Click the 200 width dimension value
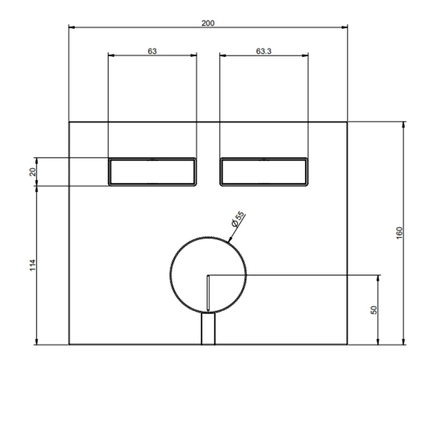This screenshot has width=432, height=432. coord(208,23)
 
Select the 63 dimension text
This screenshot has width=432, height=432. coord(152,51)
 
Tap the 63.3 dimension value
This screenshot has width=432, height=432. coord(264,51)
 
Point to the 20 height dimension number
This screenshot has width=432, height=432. coord(33,172)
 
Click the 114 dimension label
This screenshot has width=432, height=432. coord(33,265)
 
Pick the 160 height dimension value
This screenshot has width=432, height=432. coord(399,233)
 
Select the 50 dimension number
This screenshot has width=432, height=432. coord(374,310)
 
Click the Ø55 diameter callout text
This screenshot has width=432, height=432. coord(238,219)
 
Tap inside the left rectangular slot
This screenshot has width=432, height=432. coord(152,172)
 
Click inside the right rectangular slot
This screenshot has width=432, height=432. coord(264,172)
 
